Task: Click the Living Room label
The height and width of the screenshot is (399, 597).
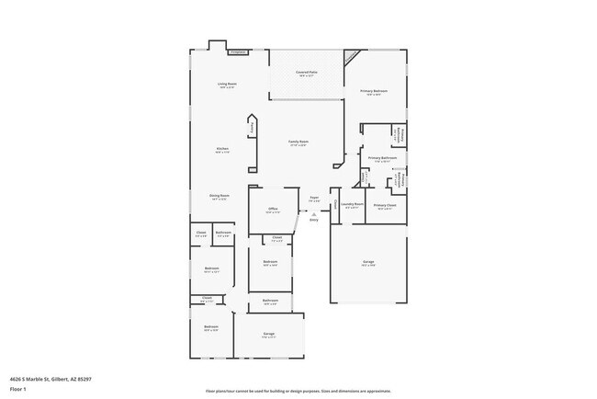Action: click(227, 85)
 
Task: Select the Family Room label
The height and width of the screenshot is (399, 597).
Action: click(298, 142)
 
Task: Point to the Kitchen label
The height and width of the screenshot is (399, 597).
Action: click(222, 149)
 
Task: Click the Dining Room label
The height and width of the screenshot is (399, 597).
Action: click(219, 195)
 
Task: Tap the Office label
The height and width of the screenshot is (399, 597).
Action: click(273, 210)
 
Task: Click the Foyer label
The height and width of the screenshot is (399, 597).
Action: click(313, 198)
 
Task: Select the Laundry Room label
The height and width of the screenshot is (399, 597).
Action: click(354, 204)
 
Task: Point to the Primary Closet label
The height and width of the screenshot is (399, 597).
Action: click(385, 205)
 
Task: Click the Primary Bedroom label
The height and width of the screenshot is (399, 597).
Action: click(373, 91)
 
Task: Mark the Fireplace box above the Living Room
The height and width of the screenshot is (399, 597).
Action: click(239, 52)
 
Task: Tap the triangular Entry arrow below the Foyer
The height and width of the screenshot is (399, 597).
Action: click(313, 214)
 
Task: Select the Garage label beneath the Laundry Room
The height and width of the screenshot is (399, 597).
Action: click(367, 262)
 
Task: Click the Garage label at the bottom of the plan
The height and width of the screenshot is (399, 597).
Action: click(269, 334)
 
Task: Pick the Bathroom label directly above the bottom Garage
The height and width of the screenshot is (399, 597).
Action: click(270, 300)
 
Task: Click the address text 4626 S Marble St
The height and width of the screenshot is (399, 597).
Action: click(51, 379)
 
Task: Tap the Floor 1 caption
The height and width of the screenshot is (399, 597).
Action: click(18, 388)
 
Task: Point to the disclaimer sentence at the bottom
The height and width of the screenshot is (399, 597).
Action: click(298, 390)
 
